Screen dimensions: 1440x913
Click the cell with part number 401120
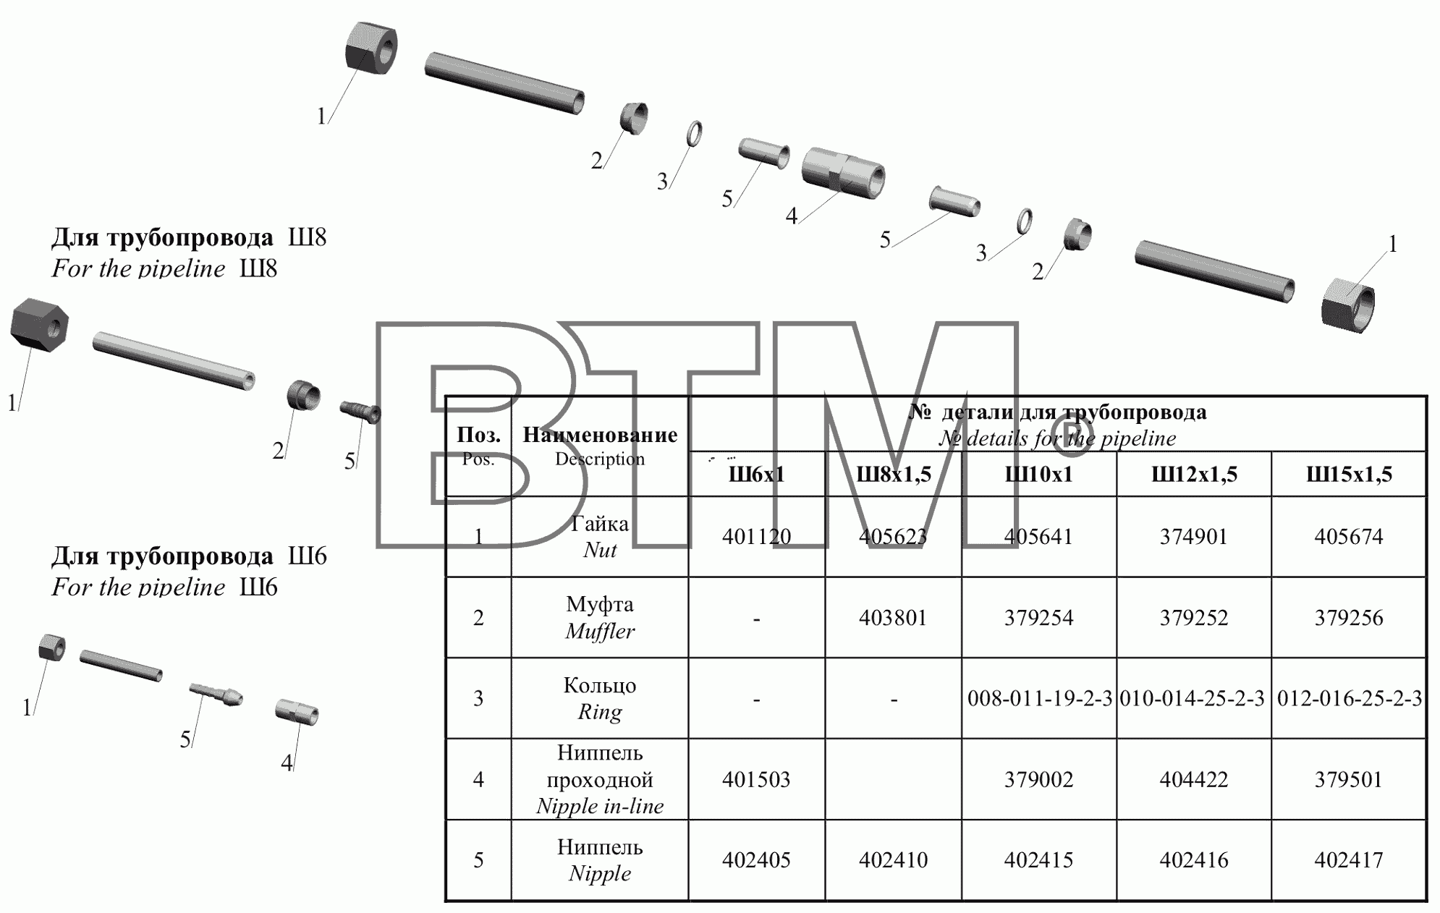tap(756, 536)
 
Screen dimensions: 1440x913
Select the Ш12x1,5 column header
tap(1194, 475)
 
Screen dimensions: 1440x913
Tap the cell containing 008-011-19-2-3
tap(1039, 699)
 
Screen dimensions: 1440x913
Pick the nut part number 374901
tap(1194, 536)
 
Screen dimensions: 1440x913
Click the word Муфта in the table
tap(600, 604)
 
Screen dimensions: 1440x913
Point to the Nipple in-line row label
tap(600, 806)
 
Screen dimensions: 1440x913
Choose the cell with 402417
tap(1349, 859)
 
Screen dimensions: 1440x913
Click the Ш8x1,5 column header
tap(894, 475)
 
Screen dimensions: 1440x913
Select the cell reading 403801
tap(893, 618)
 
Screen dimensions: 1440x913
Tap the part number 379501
tap(1349, 779)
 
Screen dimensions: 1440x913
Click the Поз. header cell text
tap(478, 435)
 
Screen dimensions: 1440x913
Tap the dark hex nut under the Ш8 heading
tap(40, 325)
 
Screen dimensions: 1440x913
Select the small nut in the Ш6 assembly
tap(52, 647)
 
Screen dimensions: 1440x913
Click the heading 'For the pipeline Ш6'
tap(164, 587)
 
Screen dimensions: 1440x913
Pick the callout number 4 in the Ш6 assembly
tap(287, 763)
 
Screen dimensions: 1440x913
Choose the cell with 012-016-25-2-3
tap(1350, 699)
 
